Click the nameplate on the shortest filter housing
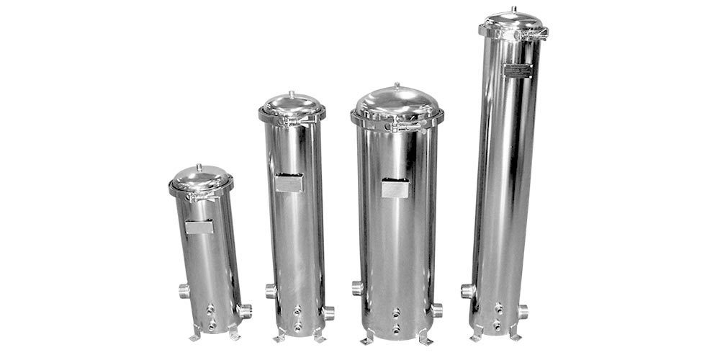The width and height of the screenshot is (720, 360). pyautogui.click(x=199, y=227)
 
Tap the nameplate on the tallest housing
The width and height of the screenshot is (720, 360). pyautogui.click(x=518, y=71)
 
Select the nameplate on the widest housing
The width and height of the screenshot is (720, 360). pyautogui.click(x=395, y=189)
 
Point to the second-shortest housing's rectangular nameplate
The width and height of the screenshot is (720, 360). pyautogui.click(x=289, y=183)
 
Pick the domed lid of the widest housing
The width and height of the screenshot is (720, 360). pyautogui.click(x=397, y=104)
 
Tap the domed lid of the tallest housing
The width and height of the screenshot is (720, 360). pyautogui.click(x=513, y=21)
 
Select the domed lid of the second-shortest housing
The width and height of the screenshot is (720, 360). pyautogui.click(x=292, y=105)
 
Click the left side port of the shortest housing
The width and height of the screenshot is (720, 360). pyautogui.click(x=184, y=291)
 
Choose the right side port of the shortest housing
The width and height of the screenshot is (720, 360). pyautogui.click(x=245, y=310)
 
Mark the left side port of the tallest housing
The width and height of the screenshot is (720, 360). pyautogui.click(x=468, y=291)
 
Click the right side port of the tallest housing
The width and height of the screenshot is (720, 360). pyautogui.click(x=522, y=311)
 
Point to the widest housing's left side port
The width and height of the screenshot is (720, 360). pyautogui.click(x=357, y=288)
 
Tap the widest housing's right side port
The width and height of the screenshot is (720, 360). pyautogui.click(x=436, y=310)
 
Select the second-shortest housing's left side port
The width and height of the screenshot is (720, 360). pyautogui.click(x=271, y=291)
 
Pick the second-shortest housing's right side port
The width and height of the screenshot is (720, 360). pyautogui.click(x=328, y=312)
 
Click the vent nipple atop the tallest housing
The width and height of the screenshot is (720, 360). pyautogui.click(x=513, y=9)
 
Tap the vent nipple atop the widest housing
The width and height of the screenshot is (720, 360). pyautogui.click(x=396, y=85)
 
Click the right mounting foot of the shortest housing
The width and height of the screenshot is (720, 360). pyautogui.click(x=234, y=335)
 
